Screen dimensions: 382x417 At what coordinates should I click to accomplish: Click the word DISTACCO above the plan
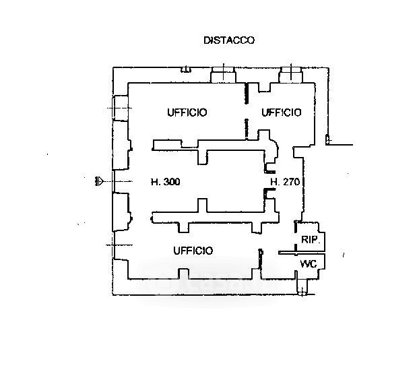point(228,40)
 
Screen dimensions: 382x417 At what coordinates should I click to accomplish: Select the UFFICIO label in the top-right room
point(281,113)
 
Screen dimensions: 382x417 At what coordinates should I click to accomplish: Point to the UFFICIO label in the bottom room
point(193,251)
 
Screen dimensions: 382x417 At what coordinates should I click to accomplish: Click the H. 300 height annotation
point(164,182)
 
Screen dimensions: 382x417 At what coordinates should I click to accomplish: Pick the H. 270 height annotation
point(285,183)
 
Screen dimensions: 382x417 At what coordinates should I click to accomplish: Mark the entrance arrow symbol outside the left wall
point(99,181)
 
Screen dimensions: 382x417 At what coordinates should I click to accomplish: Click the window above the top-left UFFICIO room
point(222,73)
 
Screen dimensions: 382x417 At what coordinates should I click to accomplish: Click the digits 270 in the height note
point(291,183)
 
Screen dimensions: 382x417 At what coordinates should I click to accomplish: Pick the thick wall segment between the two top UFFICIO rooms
point(247,92)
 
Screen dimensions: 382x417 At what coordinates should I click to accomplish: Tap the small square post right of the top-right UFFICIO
point(328,140)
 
